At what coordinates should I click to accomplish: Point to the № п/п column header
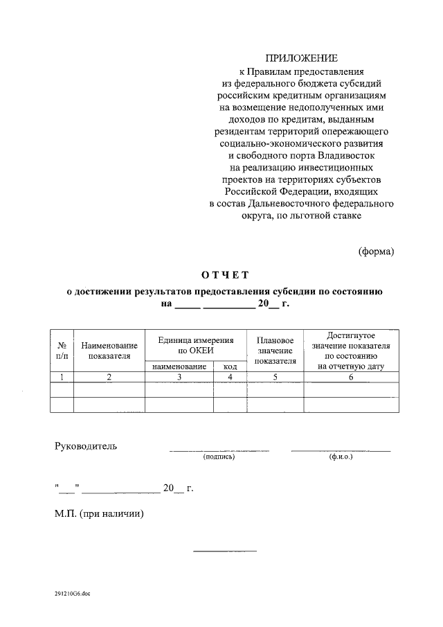[62, 349]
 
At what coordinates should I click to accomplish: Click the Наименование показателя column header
[109, 350]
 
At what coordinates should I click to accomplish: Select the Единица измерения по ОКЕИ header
[196, 345]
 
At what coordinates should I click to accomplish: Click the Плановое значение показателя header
[275, 351]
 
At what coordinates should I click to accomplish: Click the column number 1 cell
[62, 377]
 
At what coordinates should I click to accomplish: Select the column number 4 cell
[230, 377]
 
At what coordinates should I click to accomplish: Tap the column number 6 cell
[351, 377]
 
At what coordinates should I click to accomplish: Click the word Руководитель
[86, 445]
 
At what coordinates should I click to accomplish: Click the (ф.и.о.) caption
[341, 457]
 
